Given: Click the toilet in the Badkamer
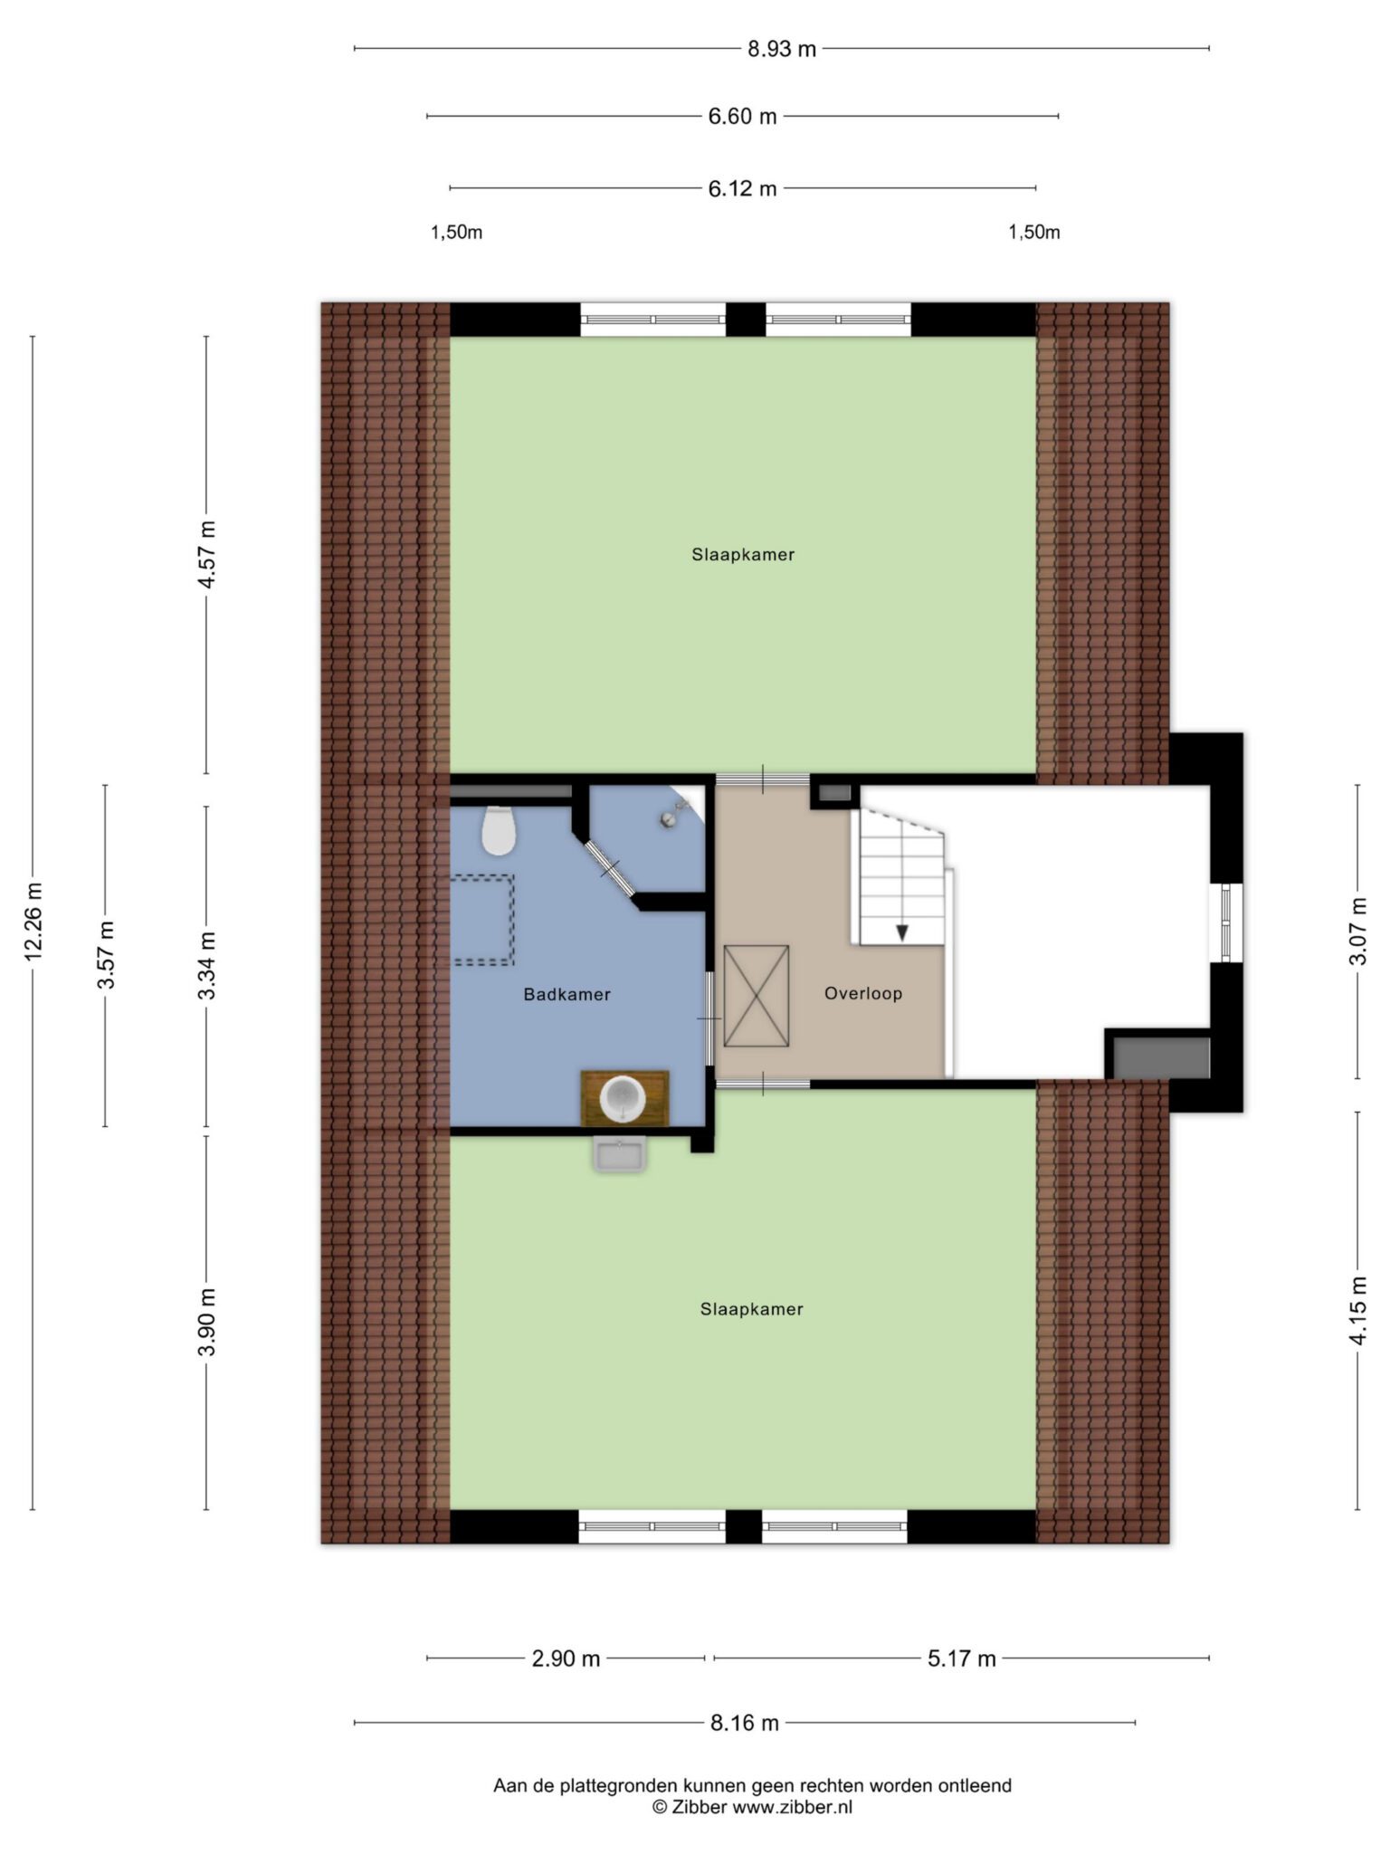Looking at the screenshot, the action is [x=499, y=830].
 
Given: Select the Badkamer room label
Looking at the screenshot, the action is [x=567, y=994].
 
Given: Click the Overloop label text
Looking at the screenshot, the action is [x=863, y=993].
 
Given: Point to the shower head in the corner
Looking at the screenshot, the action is [x=674, y=812].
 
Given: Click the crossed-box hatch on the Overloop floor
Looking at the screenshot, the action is [x=757, y=996].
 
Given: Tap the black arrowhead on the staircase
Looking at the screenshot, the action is [x=902, y=932].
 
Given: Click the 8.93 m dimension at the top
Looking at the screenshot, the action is [x=782, y=49].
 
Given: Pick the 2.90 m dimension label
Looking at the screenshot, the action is [x=566, y=1658].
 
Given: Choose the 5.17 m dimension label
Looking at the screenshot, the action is [x=961, y=1658].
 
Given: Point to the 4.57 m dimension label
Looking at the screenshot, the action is [x=207, y=554].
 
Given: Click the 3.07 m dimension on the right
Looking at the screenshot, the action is [x=1358, y=932].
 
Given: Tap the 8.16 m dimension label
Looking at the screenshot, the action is [x=745, y=1723].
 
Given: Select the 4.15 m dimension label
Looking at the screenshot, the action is [x=1358, y=1311].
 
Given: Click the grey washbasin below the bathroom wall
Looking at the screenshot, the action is [x=620, y=1154].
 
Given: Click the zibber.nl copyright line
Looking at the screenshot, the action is [x=752, y=1807].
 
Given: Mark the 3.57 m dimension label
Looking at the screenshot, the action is [x=106, y=955].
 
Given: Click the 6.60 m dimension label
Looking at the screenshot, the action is [x=742, y=116].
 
